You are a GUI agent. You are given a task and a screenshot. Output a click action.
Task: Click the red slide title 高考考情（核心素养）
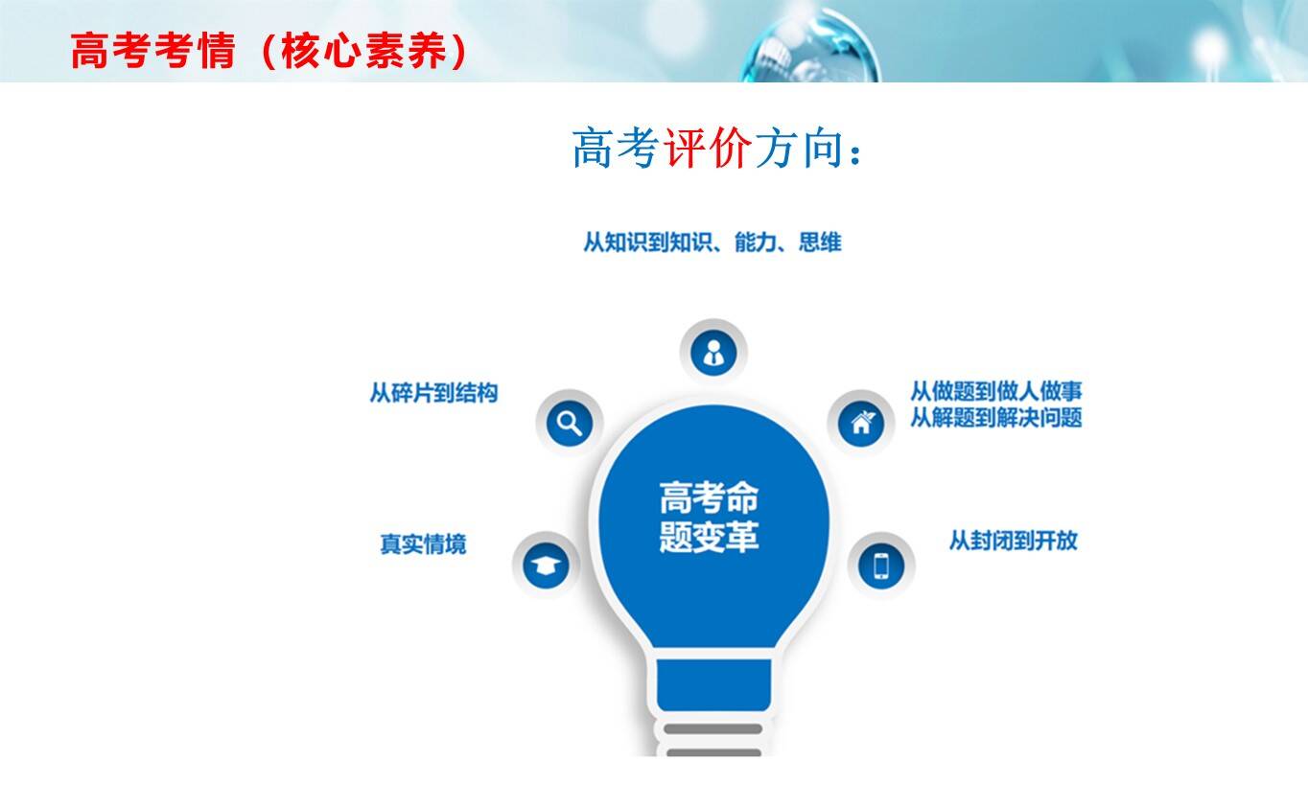tap(269, 51)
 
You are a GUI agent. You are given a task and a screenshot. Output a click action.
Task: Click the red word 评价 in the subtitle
tap(707, 149)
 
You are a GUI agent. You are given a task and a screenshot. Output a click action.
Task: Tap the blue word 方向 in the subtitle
tap(800, 149)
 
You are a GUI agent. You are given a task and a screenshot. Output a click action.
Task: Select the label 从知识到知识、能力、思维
tap(712, 242)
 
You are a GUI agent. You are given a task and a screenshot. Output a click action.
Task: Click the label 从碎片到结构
tap(433, 392)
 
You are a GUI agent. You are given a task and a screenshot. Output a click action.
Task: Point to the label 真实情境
tap(423, 544)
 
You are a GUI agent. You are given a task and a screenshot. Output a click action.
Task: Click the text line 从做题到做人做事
tap(996, 391)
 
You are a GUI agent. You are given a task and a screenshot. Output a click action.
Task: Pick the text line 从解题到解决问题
tap(996, 418)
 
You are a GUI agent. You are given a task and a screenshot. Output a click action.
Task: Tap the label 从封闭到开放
tap(1013, 541)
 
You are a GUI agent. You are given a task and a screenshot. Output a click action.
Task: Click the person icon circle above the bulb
tap(713, 353)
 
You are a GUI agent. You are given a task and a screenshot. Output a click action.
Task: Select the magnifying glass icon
tap(570, 423)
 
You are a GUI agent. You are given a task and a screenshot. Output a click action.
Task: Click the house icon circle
tap(861, 424)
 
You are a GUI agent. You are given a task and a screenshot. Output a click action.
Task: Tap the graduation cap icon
tap(546, 566)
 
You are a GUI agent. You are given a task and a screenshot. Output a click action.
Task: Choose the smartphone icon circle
tap(881, 566)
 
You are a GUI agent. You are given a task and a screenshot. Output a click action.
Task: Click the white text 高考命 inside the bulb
tap(709, 497)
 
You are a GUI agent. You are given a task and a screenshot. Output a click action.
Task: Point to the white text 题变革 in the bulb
tap(709, 536)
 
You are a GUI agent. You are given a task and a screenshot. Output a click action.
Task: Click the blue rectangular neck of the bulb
tap(713, 684)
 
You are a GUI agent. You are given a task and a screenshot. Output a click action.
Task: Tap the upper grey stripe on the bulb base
tap(713, 728)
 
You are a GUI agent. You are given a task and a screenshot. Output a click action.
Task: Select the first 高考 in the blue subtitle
tap(616, 149)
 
